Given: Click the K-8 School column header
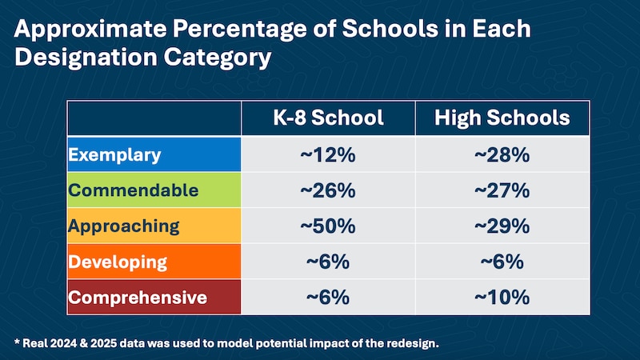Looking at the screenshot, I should [x=328, y=118].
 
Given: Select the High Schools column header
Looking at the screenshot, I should [x=502, y=118].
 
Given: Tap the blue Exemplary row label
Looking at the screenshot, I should [x=115, y=154].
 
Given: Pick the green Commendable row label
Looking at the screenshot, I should [x=134, y=190].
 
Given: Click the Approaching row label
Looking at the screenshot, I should [x=123, y=226].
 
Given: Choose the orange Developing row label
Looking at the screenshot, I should [x=118, y=262].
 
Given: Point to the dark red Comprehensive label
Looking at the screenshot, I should [x=138, y=298].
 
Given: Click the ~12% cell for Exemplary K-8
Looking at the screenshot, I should [x=328, y=155].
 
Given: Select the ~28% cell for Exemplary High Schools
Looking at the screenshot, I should [x=502, y=155].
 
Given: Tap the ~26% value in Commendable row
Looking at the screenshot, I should [x=328, y=191].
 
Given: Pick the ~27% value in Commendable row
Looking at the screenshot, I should [x=502, y=191].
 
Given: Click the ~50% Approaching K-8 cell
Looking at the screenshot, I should [x=328, y=226].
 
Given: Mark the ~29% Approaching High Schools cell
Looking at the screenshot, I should [x=502, y=226].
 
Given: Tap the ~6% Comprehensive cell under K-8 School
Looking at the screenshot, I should [x=328, y=298].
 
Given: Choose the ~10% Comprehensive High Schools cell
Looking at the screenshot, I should [x=502, y=298].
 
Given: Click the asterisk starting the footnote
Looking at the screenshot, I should [x=17, y=342].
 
